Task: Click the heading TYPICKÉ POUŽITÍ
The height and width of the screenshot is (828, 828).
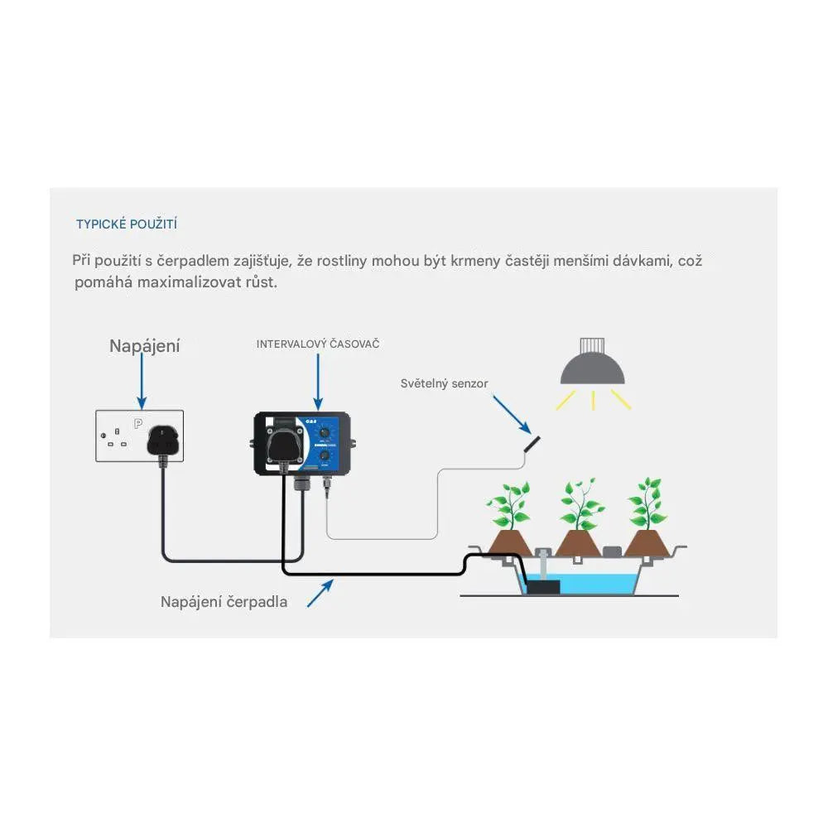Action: coord(127,224)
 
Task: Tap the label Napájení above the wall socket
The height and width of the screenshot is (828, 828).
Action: coord(144,346)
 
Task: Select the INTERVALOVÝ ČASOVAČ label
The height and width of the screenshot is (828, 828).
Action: coord(318,344)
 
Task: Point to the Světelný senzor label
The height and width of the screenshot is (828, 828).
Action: coord(444,383)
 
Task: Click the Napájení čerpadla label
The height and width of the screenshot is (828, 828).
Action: coord(224,602)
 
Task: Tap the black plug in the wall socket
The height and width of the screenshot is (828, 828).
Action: coord(162,444)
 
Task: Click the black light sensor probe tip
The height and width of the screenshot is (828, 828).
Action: coord(530,442)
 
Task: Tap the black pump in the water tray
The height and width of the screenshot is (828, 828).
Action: coord(542,585)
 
